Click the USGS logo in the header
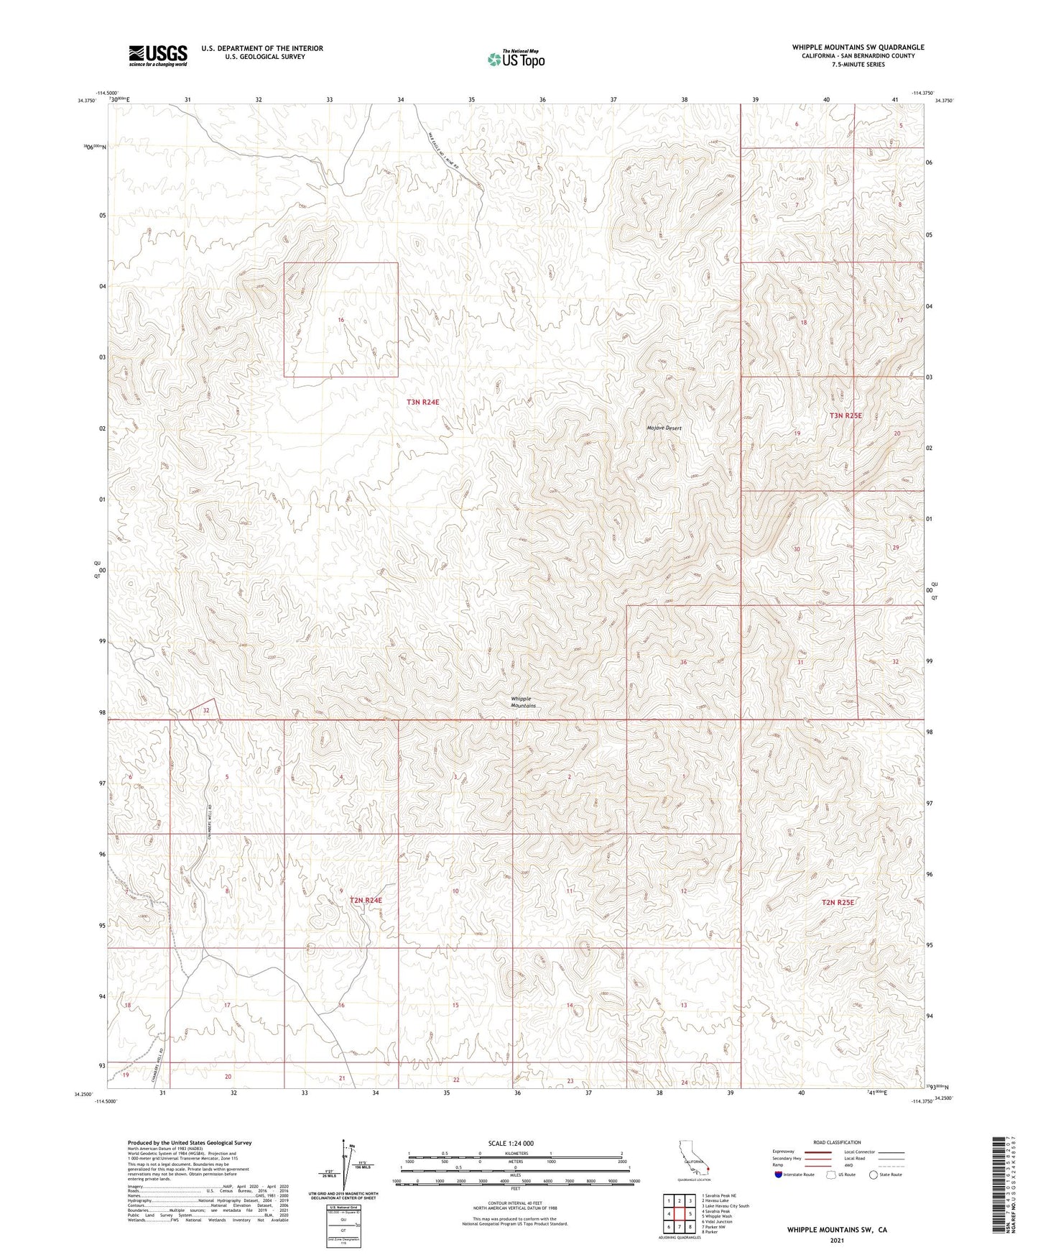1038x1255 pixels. [157, 55]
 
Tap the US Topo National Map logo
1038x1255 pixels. [516, 59]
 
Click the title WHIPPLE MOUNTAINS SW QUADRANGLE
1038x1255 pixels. [858, 47]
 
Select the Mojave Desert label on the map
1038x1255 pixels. [663, 428]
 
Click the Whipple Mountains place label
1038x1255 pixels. [522, 702]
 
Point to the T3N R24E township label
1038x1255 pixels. [422, 403]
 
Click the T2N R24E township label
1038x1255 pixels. [366, 900]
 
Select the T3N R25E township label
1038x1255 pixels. [845, 415]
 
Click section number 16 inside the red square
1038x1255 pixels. [341, 319]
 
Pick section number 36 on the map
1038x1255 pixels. [683, 661]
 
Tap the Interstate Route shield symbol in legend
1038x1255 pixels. [779, 1174]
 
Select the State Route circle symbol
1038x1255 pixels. [874, 1174]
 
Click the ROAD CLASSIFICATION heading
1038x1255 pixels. [837, 1142]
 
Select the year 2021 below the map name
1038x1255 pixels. [836, 1240]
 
